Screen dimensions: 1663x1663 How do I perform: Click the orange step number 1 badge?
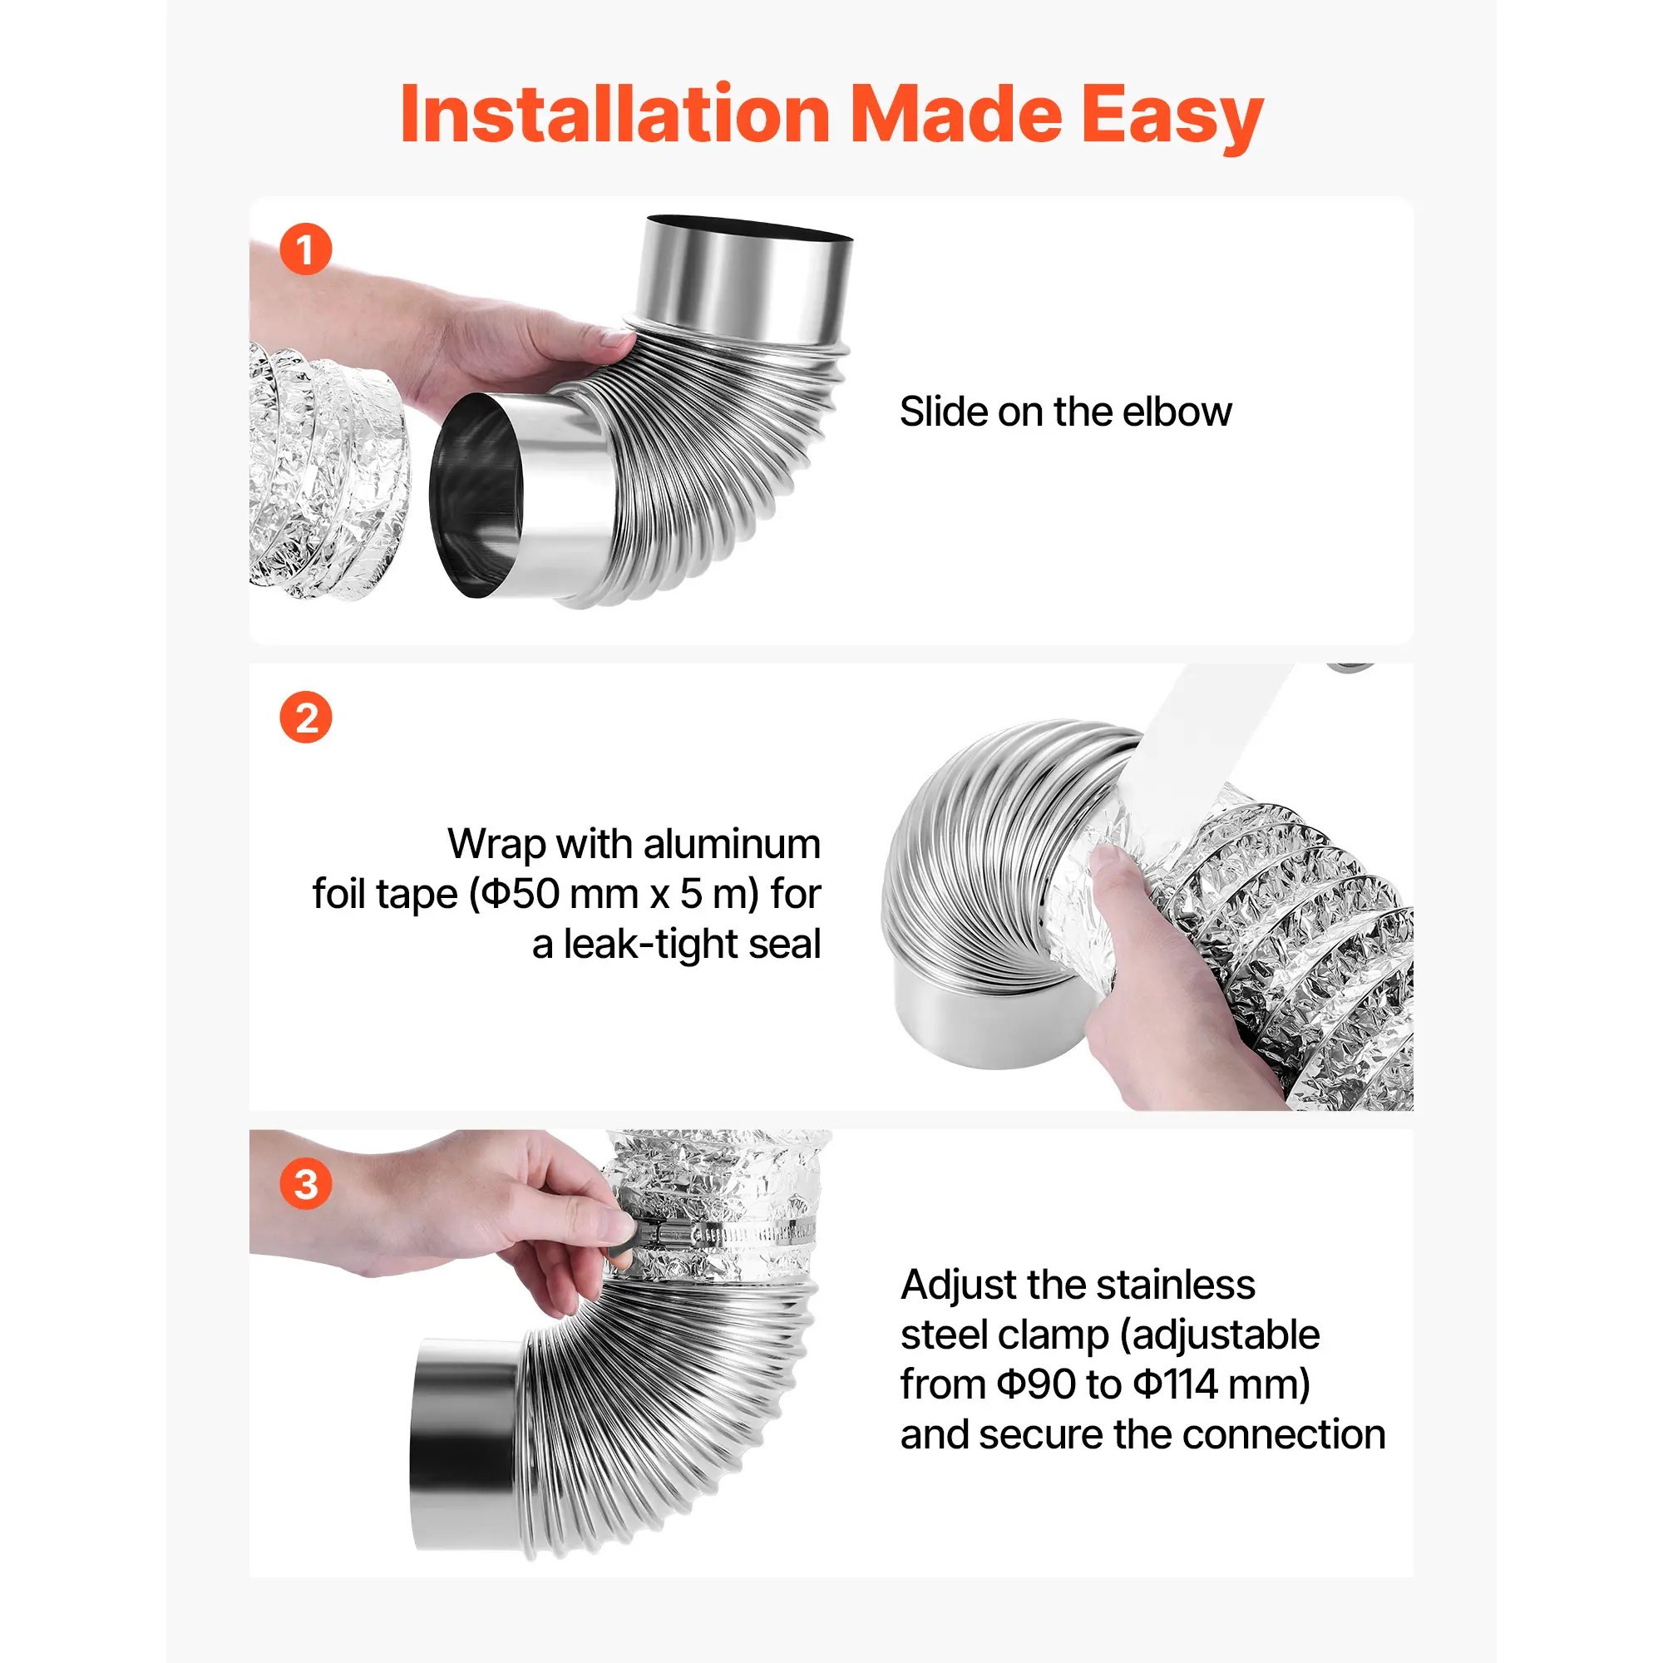click(x=305, y=249)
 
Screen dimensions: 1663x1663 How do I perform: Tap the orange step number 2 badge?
click(x=305, y=717)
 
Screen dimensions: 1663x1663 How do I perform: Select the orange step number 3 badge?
click(x=305, y=1183)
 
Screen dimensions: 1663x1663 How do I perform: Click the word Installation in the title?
click(x=615, y=115)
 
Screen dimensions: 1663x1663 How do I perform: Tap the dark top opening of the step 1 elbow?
click(x=749, y=228)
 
